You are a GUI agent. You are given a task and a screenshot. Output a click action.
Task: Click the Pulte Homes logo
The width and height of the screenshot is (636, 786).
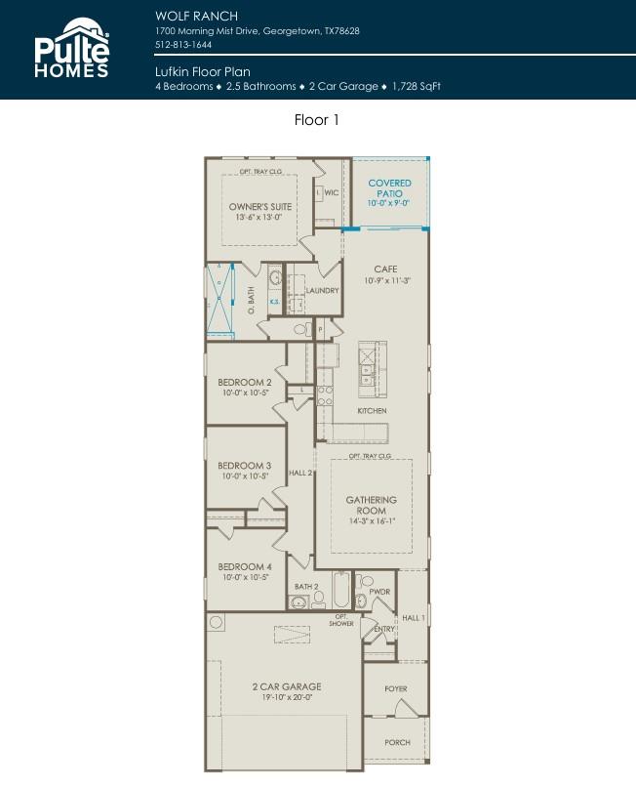coord(72,48)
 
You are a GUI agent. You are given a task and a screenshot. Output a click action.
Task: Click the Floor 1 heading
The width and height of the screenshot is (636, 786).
coord(317,120)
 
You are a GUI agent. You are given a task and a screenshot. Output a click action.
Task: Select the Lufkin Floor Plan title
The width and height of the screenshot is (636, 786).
coord(202,71)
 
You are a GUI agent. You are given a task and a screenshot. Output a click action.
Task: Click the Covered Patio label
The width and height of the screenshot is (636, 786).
coord(389,188)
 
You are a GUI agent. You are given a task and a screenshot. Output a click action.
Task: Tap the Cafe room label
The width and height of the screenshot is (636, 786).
coord(385,269)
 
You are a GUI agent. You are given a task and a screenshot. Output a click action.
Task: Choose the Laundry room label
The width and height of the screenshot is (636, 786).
coord(322,291)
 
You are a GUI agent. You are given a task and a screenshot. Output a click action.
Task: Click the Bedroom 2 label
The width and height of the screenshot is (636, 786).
coord(244,382)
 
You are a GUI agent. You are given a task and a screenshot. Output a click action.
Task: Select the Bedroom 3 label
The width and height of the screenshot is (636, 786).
coord(244,466)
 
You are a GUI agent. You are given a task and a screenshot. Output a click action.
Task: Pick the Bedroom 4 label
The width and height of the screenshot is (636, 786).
coord(244,566)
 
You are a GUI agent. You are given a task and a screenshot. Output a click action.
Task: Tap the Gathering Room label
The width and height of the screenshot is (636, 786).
coord(372,505)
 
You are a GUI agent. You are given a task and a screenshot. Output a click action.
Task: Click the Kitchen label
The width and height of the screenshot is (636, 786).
coord(372,411)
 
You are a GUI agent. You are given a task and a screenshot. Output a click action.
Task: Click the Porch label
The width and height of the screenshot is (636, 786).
coord(397,742)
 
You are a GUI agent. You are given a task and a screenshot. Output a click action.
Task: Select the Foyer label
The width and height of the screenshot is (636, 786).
coord(395,689)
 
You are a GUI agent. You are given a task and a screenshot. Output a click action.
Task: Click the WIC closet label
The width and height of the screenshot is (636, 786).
coord(331,193)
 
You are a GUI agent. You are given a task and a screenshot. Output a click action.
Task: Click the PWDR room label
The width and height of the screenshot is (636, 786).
coord(379,592)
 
